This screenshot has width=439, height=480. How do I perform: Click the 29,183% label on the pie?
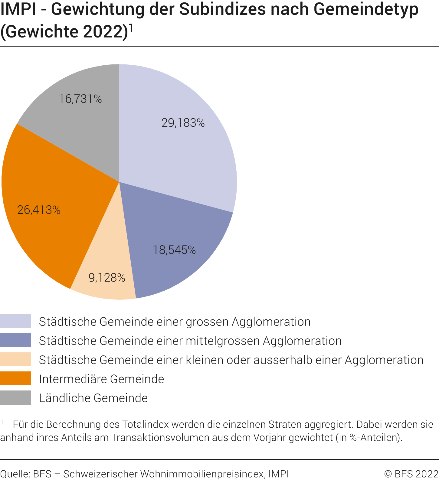click(183, 123)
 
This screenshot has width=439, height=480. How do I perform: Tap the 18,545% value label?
click(174, 250)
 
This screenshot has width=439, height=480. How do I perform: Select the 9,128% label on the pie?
click(107, 278)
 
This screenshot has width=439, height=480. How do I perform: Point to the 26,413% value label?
click(39, 210)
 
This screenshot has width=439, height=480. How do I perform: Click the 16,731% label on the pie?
click(80, 99)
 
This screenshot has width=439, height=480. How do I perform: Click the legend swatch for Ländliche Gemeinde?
click(15, 397)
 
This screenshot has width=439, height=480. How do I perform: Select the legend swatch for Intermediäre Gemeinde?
click(15, 378)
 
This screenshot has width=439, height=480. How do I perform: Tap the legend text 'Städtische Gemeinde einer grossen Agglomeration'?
click(175, 322)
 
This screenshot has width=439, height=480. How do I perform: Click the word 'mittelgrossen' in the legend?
click(222, 341)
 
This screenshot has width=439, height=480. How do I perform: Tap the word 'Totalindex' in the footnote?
click(145, 424)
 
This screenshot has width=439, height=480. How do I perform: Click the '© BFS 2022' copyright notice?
click(411, 474)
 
